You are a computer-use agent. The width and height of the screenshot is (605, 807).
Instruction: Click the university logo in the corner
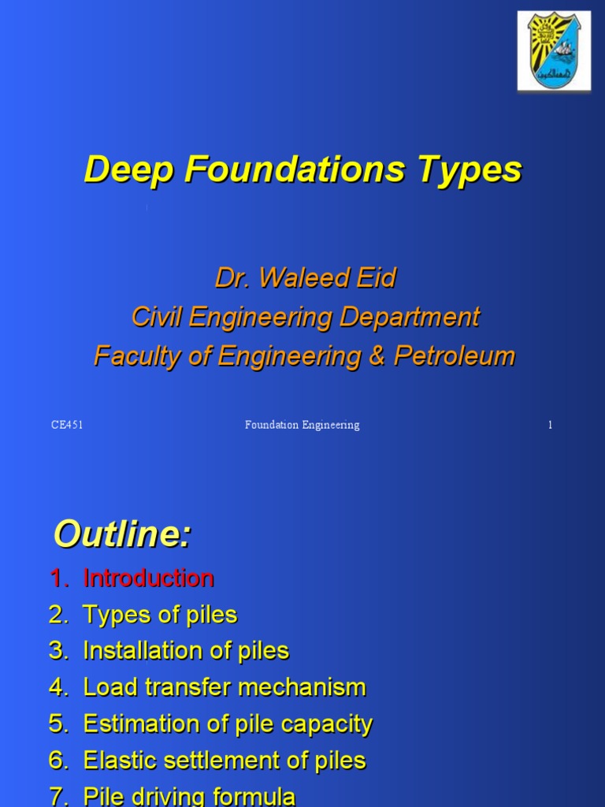coord(554,51)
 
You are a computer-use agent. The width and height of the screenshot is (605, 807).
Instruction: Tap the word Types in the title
coord(479,169)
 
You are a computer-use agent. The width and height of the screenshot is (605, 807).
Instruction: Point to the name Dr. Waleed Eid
coord(305,277)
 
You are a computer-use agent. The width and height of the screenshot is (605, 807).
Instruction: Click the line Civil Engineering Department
coord(305,317)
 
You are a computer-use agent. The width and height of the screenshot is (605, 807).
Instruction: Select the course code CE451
coord(67,426)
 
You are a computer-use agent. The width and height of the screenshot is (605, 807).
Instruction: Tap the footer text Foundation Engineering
coord(302,426)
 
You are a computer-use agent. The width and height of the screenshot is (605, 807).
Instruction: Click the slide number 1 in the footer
coord(550,426)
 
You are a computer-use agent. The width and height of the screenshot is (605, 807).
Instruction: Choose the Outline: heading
coord(122,536)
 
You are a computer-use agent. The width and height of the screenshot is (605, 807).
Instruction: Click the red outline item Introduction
coord(148,578)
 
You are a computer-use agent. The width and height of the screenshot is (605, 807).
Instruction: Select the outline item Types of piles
coord(160,615)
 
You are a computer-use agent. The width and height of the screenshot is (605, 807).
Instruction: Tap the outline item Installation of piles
coord(186,651)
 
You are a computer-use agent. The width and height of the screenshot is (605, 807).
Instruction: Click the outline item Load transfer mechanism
coord(225,687)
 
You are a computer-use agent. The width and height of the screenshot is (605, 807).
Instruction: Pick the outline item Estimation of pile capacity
coord(228,723)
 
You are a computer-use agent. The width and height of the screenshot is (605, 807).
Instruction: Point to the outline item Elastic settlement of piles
coord(225,761)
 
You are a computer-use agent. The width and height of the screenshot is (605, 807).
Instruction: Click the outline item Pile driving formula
coord(189,796)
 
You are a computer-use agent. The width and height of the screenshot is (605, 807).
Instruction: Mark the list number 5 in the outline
coord(57,723)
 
